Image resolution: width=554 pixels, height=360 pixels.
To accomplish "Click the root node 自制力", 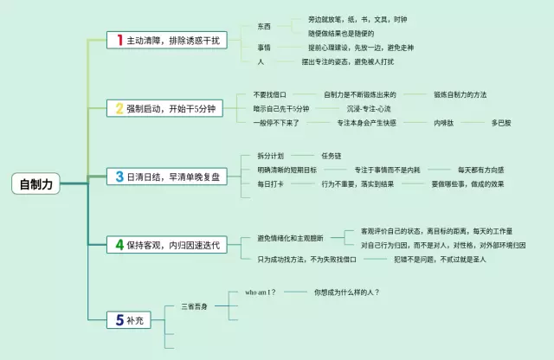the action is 37,183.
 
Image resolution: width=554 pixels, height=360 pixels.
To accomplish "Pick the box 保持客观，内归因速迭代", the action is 167,245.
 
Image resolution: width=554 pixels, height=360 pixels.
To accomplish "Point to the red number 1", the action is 120,41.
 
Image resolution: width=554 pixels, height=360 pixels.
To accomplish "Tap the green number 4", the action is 120,245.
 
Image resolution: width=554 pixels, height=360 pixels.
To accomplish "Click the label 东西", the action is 264,27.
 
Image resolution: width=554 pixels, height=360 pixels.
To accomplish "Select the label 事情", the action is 264,47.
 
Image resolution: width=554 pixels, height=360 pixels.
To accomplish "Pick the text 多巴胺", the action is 501,123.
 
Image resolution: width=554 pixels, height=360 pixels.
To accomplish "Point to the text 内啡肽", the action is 444,123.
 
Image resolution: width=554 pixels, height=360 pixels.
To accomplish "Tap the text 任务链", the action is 332,156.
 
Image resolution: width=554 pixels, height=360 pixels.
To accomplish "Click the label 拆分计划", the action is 270,156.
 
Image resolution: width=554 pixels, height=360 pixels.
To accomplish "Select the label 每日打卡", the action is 270,184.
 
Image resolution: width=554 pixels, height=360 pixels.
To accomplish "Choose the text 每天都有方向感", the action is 480,170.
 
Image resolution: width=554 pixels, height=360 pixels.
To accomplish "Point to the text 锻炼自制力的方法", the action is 473,93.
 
